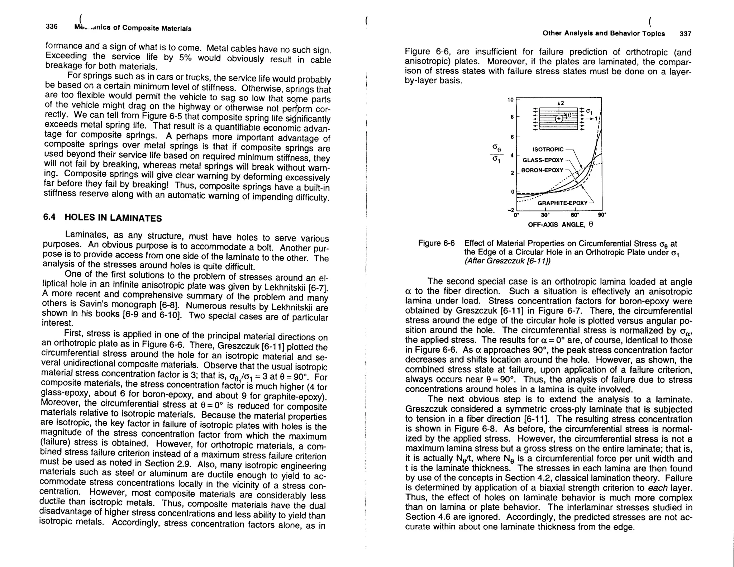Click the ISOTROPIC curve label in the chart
(x=548, y=149)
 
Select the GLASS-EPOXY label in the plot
(x=543, y=160)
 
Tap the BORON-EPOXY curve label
(x=542, y=170)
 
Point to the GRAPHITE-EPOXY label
(x=562, y=203)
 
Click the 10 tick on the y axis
(x=511, y=100)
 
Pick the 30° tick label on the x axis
(x=545, y=215)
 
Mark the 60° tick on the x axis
(x=575, y=215)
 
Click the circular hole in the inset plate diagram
(x=559, y=119)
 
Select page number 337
(x=685, y=34)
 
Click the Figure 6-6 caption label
(x=436, y=243)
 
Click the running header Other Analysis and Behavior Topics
(x=604, y=33)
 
